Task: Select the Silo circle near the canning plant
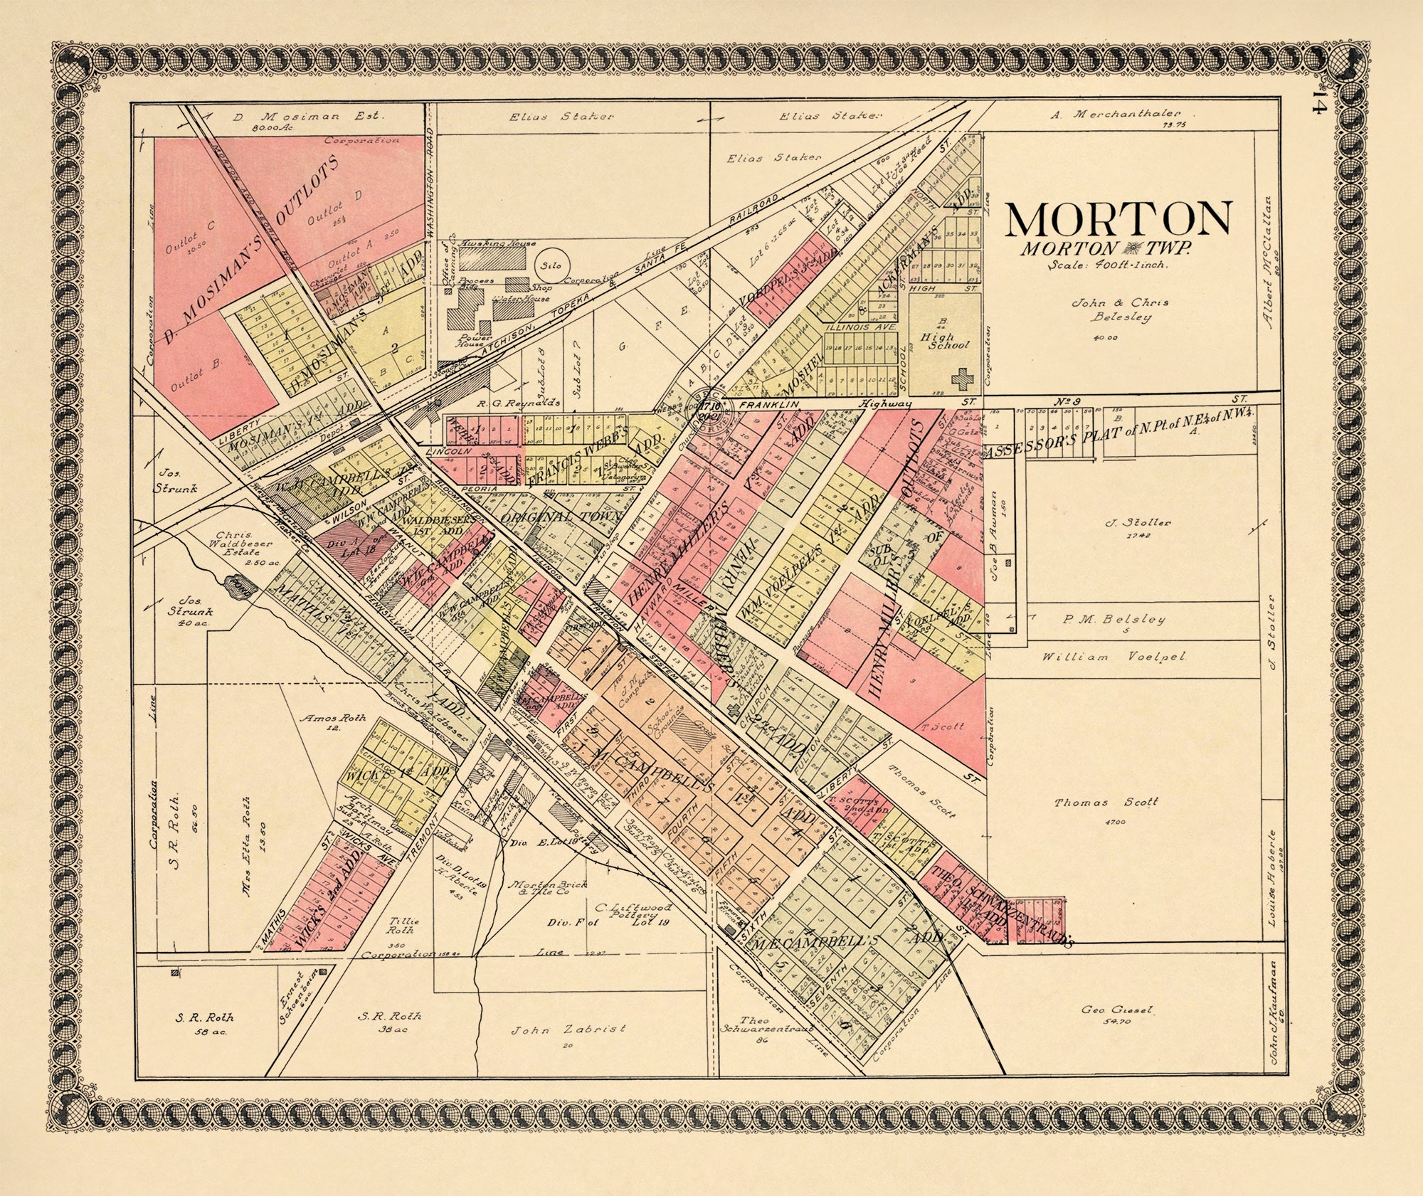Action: pos(551,265)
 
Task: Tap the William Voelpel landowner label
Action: pos(1114,657)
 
